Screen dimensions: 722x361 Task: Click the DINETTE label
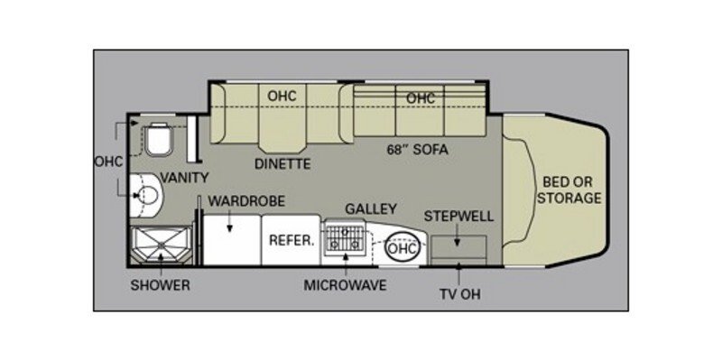283,164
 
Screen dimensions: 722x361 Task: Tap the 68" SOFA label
417,150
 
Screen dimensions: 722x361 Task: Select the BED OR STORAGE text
570,190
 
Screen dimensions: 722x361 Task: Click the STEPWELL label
458,216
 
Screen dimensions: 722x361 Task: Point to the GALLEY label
371,208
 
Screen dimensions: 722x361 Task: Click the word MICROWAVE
345,285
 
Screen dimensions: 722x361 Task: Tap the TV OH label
458,294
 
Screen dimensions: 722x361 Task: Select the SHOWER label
161,285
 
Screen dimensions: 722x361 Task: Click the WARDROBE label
246,201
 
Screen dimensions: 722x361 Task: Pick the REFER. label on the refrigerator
291,241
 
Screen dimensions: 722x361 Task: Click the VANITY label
184,177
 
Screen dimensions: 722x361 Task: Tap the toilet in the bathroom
160,139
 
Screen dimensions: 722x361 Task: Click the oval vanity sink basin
148,196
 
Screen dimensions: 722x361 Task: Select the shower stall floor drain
161,246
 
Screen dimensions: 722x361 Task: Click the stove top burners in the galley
346,239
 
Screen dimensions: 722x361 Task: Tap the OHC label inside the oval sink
402,249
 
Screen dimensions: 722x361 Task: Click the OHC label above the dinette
282,96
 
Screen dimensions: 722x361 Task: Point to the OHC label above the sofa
421,98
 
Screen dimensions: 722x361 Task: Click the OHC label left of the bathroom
108,162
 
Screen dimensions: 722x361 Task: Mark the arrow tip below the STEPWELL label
458,245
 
